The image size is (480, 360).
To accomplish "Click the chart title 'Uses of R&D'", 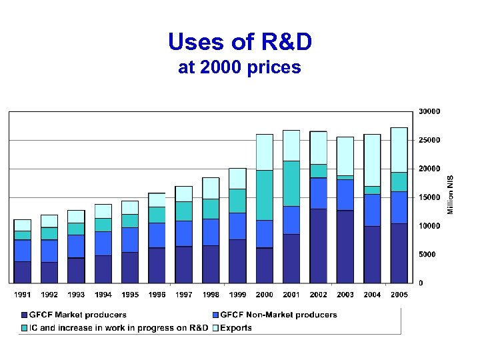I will pos(240,42).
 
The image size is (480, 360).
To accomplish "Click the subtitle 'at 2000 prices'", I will pos(240,67).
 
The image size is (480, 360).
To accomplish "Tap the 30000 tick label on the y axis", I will pos(429,111).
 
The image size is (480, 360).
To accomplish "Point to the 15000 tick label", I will pos(429,197).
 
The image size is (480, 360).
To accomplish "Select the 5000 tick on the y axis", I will pos(427,255).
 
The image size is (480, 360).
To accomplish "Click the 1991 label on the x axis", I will pos(22,295).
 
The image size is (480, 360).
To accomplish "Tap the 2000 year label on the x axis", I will pos(265,295).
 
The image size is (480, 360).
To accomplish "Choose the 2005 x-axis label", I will pos(399,295).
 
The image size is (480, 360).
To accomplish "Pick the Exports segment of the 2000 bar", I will pos(265,152).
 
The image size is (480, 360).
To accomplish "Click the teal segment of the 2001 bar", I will pos(291,183).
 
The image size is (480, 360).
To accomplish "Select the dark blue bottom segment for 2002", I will pos(318,245).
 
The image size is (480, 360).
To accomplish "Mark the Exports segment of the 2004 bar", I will pos(372,160).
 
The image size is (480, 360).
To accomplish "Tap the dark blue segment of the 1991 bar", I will pos(22,271).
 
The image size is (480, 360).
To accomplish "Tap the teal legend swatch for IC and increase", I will pos(25,327).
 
